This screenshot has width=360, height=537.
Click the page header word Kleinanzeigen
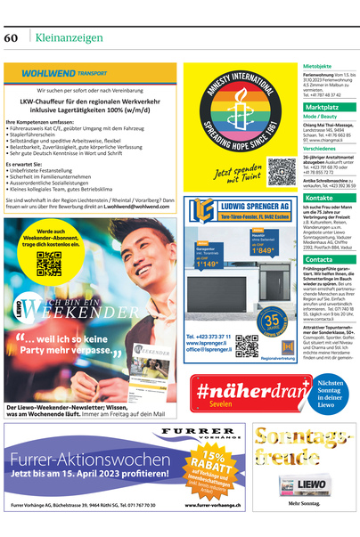click(x=67, y=37)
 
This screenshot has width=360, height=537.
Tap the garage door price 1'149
click(x=208, y=264)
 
